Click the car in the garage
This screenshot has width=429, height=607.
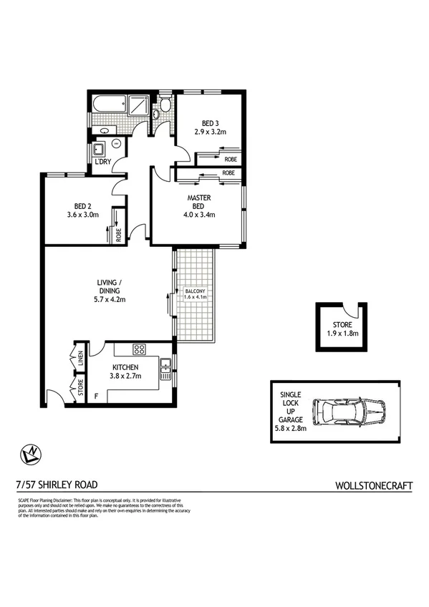coord(354,413)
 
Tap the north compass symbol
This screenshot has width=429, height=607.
coord(31,452)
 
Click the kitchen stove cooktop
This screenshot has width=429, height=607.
coord(140,349)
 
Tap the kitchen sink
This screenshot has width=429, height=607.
coord(165,367)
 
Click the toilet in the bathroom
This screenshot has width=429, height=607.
coord(165,107)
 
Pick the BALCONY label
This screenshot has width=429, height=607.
coord(195,291)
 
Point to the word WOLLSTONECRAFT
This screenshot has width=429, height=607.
coord(374,485)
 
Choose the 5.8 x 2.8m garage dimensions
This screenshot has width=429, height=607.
coord(290,429)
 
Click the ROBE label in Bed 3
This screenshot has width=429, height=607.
coord(231,159)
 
